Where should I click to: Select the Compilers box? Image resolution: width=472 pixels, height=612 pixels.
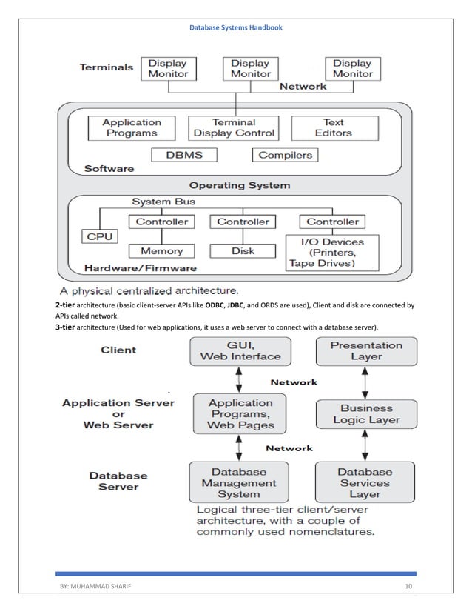point(286,155)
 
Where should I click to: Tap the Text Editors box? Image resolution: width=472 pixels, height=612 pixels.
point(333,127)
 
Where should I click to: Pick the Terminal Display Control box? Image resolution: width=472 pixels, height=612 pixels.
point(234,127)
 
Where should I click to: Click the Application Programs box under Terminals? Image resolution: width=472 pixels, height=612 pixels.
point(132,127)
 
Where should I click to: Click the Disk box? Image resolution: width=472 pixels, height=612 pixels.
point(243,251)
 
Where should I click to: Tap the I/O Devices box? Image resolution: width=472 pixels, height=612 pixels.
point(331,252)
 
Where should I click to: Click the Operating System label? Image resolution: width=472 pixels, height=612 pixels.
point(240,184)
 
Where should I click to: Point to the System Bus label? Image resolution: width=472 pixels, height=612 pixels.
point(164,202)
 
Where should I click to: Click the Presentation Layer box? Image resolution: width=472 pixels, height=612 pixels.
point(366,350)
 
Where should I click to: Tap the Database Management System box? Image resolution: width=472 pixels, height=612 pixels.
point(238,482)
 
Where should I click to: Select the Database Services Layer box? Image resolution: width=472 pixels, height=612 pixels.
point(364,482)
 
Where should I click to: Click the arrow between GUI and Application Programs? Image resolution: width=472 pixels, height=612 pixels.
point(238,379)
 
